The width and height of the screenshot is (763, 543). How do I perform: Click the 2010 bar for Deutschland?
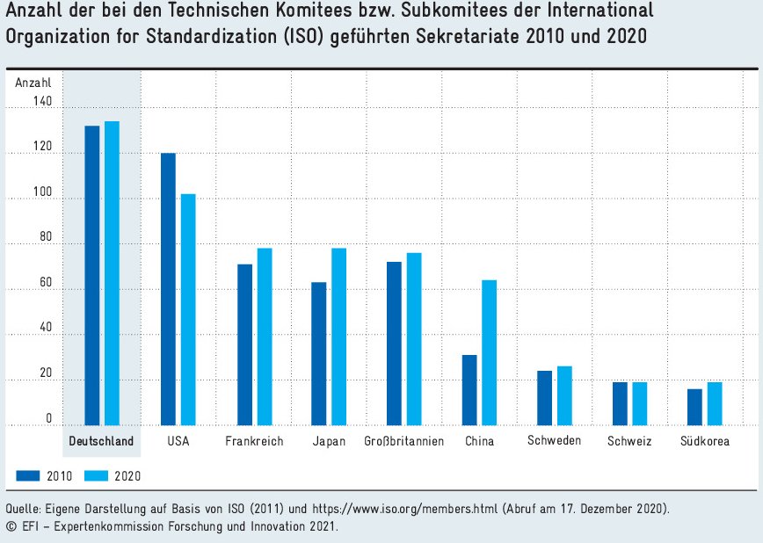pos(91,275)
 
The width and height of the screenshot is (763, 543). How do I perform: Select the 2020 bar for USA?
pos(188,309)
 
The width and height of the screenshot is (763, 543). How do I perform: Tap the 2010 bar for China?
pos(469,390)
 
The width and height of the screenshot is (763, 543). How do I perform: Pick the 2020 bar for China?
pos(490,352)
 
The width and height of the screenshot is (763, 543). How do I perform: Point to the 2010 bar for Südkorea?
pos(694,407)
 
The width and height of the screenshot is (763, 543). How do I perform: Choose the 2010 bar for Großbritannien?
pos(394,344)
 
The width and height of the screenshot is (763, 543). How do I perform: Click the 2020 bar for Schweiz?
pos(640,403)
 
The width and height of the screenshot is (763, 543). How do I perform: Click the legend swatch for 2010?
pos(29,475)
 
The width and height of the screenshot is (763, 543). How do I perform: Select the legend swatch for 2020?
pos(97,475)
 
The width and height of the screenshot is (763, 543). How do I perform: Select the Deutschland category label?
pos(102,441)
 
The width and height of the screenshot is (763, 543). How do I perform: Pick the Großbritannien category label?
pos(403,441)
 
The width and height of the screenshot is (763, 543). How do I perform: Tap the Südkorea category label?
pos(705,441)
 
